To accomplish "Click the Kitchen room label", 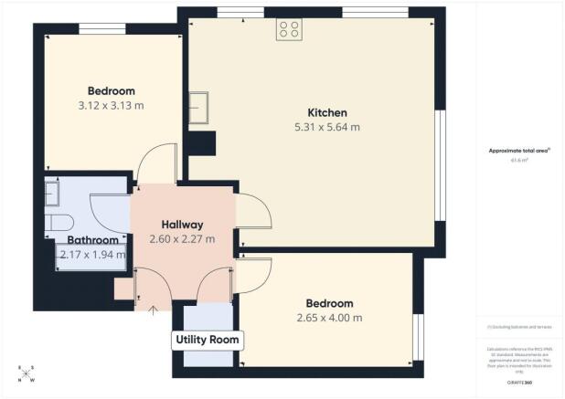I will [315, 112].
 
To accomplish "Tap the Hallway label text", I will [182, 225].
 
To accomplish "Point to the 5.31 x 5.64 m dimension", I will [315, 127].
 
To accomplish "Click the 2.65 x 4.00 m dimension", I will [329, 318].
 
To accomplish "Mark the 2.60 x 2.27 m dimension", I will [182, 239].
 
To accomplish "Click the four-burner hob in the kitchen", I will [290, 30].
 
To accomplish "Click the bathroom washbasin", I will [51, 194].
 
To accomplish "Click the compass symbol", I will [27, 374].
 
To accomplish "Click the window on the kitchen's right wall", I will [441, 164].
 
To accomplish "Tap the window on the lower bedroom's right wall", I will [417, 337].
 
